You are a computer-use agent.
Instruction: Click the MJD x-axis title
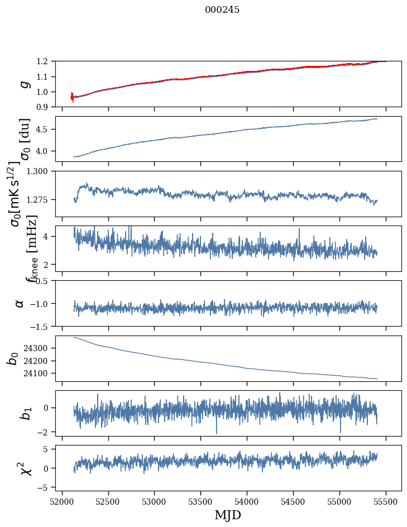point(228,515)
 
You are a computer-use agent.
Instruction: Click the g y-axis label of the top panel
point(23,84)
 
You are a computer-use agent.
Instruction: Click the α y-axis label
point(20,303)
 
